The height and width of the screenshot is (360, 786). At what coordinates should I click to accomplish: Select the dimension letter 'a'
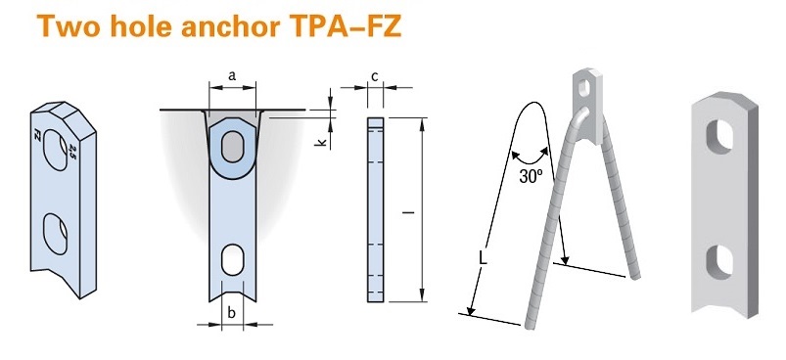[231, 74]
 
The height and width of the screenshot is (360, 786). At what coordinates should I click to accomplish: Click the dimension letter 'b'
[231, 312]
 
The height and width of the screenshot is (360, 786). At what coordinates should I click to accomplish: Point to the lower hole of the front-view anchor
[233, 258]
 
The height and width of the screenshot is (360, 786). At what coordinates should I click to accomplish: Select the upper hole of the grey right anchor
[720, 138]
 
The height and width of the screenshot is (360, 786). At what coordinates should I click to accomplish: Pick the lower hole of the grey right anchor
[720, 260]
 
